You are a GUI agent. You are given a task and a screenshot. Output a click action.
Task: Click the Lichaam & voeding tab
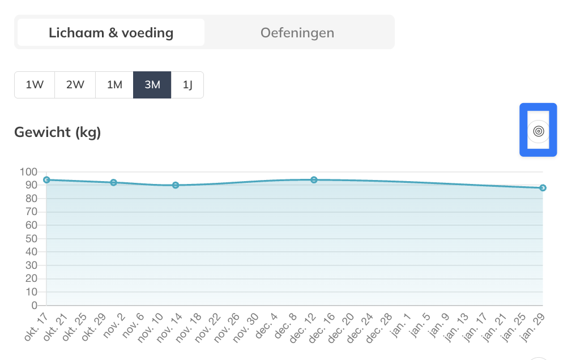(111, 32)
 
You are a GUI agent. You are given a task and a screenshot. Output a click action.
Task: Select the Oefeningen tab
(297, 32)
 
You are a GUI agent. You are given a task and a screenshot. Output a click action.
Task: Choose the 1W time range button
(35, 85)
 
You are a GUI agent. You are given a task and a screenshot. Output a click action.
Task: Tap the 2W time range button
(75, 85)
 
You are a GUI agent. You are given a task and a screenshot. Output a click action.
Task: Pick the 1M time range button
(114, 85)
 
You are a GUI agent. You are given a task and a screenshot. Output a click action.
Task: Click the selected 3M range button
(152, 85)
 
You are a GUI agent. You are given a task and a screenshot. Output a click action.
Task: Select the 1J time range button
(187, 85)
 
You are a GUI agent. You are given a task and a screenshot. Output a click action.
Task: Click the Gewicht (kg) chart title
(57, 132)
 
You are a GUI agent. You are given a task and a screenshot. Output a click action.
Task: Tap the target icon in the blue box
(538, 131)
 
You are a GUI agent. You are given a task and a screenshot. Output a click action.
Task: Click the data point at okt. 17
(46, 179)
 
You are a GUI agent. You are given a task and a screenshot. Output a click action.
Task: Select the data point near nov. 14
(176, 185)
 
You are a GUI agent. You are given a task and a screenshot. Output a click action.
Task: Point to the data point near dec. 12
(314, 180)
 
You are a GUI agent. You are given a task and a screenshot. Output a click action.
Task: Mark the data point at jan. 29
(543, 188)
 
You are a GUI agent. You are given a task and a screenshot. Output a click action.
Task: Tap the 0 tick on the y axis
(33, 306)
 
